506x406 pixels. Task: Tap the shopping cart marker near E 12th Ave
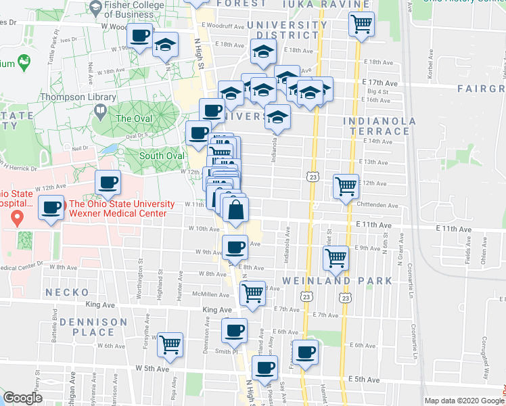[346, 185]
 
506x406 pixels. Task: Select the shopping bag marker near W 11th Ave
[235, 208]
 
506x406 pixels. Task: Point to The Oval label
[133, 118]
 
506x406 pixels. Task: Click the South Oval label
[162, 156]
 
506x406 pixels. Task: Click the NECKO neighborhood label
[67, 292]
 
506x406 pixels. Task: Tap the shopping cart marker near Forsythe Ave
[170, 344]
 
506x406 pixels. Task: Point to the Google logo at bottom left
[22, 398]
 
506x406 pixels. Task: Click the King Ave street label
[217, 310]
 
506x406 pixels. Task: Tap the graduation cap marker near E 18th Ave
[264, 51]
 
